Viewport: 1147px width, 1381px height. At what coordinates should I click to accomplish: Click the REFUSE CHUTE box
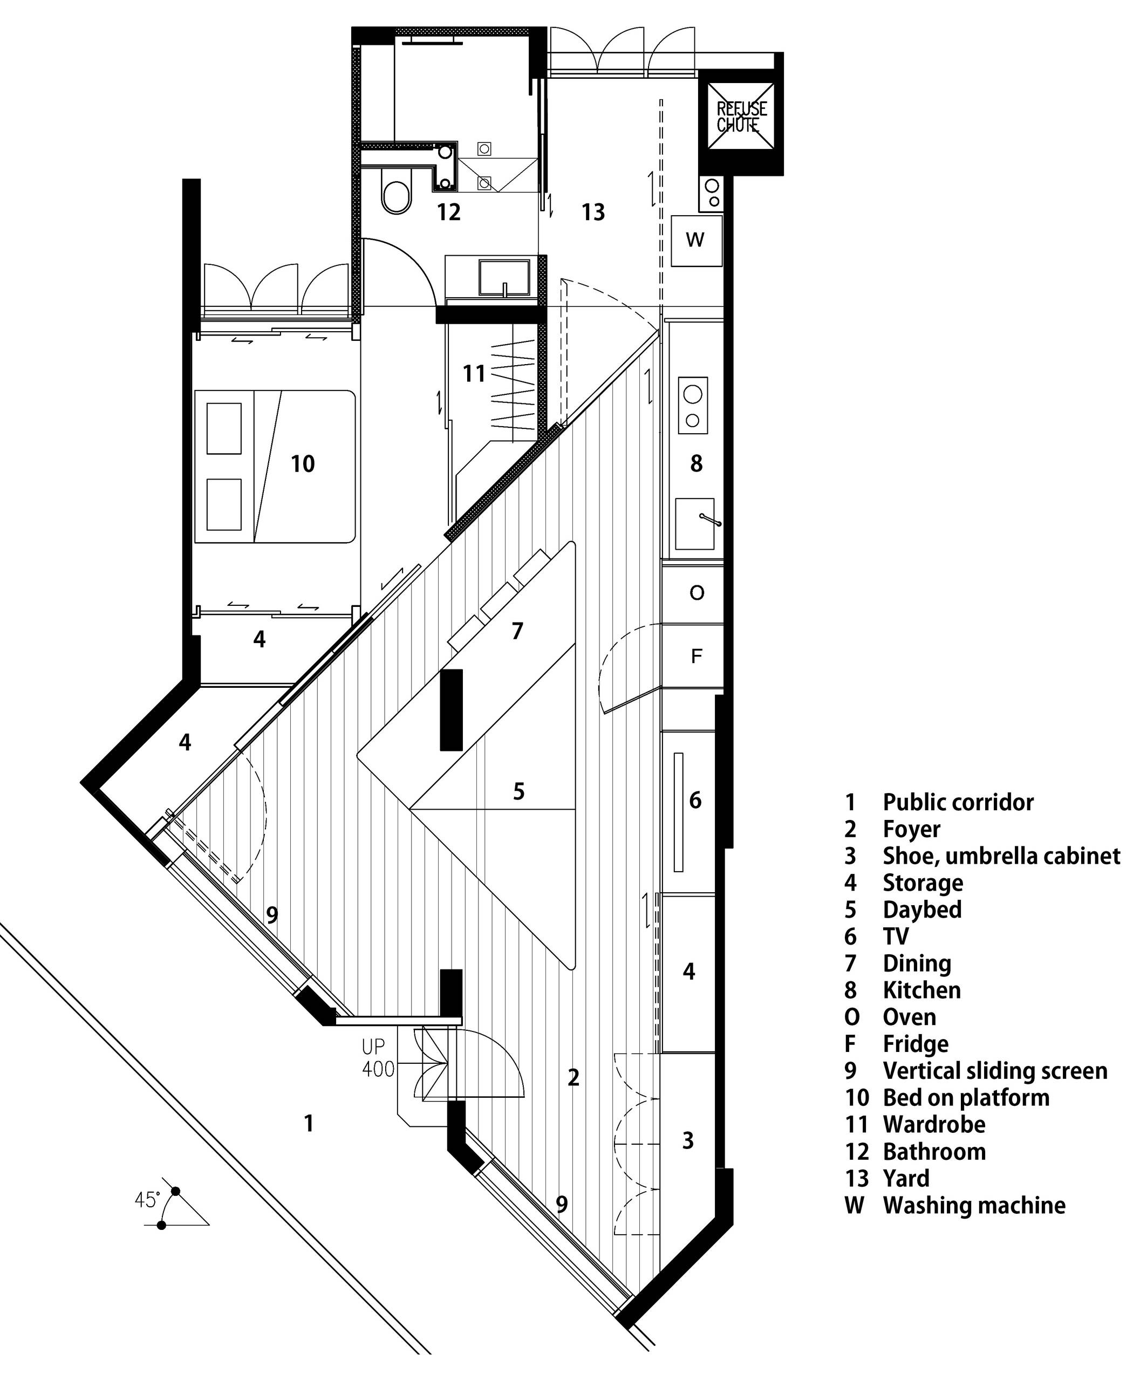(x=741, y=117)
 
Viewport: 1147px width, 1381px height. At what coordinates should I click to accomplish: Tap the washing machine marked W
(x=697, y=240)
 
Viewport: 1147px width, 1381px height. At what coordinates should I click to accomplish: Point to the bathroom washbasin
(x=504, y=277)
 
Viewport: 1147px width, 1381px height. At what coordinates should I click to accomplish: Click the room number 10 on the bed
(x=303, y=464)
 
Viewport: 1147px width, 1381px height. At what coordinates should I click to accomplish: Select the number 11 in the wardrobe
(x=474, y=373)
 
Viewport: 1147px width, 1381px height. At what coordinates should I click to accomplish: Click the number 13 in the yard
(x=592, y=212)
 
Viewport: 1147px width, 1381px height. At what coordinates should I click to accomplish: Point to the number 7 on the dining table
(x=517, y=631)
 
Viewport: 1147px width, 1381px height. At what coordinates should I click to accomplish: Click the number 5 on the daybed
(x=519, y=792)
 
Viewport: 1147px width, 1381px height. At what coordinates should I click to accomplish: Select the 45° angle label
(x=147, y=1200)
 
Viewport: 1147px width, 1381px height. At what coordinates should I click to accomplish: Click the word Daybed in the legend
(x=922, y=910)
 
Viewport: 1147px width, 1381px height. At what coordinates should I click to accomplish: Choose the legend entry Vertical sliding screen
(x=995, y=1071)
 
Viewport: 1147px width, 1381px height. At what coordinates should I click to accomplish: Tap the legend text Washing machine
(x=974, y=1206)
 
